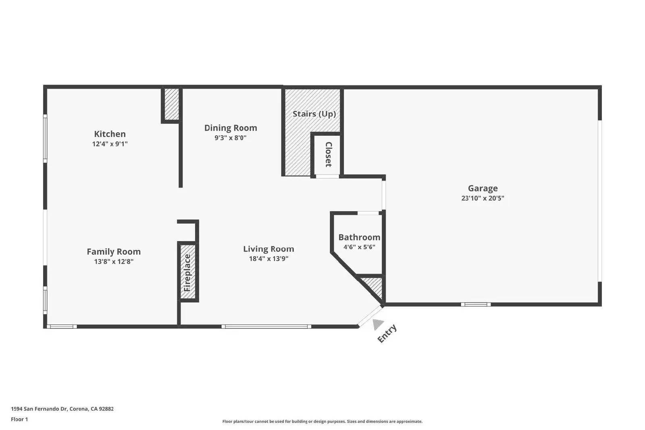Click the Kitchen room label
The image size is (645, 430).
click(x=110, y=134)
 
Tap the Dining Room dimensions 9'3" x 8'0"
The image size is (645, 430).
click(x=230, y=138)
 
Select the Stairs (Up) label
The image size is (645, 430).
click(x=314, y=114)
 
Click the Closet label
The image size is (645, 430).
click(x=328, y=154)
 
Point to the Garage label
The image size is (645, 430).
click(x=483, y=188)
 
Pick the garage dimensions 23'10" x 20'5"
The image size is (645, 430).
click(x=483, y=198)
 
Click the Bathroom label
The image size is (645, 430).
click(x=359, y=237)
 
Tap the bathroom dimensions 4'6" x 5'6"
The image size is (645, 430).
click(x=359, y=247)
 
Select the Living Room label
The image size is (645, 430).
click(x=268, y=249)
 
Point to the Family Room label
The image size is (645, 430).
click(x=114, y=251)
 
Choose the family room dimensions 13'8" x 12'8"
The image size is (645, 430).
click(x=114, y=262)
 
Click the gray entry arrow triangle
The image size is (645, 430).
click(x=377, y=324)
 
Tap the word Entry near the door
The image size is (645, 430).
click(x=387, y=333)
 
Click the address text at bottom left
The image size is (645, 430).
click(x=62, y=409)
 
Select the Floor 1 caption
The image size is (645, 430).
click(x=19, y=419)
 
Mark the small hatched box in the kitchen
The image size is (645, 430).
click(x=171, y=104)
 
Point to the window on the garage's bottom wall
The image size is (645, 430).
click(x=476, y=304)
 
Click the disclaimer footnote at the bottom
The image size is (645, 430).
click(x=322, y=422)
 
